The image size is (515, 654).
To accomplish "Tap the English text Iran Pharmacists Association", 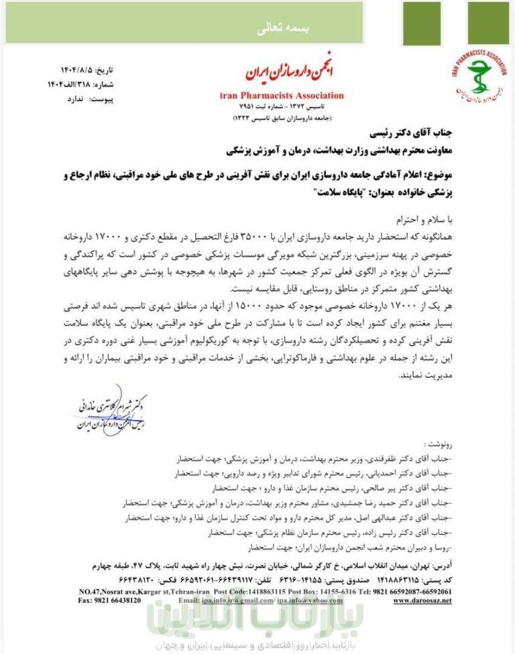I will coord(282,96).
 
